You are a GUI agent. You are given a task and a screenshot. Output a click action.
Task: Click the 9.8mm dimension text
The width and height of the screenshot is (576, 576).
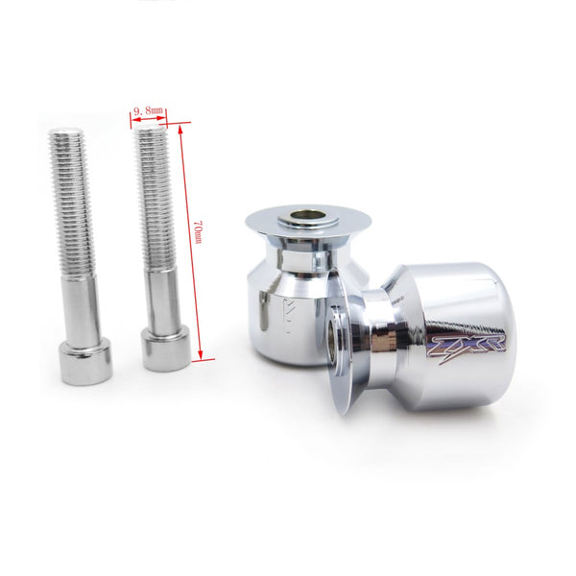point(148,111)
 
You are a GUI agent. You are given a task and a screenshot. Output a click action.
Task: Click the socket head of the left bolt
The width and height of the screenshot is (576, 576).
point(84,360)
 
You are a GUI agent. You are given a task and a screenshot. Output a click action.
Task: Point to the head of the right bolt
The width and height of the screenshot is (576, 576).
point(166,348)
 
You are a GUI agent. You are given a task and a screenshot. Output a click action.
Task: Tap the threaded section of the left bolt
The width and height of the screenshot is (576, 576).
point(72,202)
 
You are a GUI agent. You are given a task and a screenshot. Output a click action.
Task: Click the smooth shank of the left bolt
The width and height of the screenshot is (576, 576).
point(81,305)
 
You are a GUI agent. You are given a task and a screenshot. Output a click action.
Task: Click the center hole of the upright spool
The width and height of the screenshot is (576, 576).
point(306,216)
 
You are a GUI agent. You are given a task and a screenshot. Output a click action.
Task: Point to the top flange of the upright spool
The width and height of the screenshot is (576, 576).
point(307,227)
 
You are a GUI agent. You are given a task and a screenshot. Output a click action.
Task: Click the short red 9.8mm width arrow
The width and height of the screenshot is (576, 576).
point(148,122)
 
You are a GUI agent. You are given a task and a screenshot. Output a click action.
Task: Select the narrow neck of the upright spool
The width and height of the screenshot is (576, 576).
point(305,254)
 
